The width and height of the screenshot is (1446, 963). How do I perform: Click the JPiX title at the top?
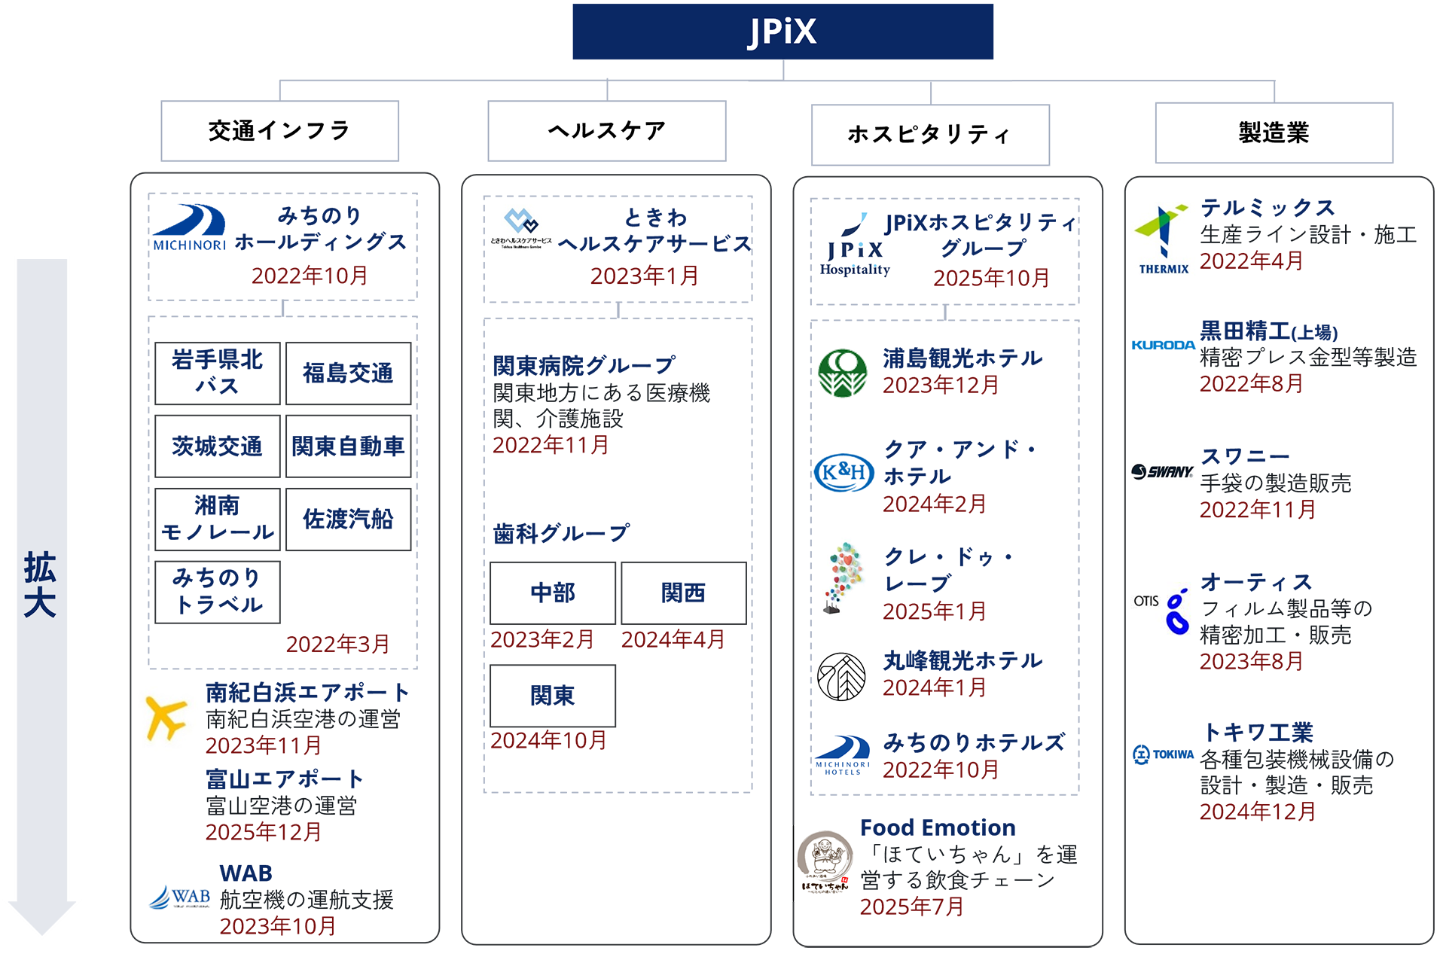coord(782,32)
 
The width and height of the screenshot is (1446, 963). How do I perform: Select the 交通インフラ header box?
coord(279,130)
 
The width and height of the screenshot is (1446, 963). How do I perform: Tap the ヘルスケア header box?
coord(606,130)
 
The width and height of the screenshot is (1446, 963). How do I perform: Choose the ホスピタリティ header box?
coord(929,134)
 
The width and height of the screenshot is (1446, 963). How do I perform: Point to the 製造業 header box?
coord(1274,133)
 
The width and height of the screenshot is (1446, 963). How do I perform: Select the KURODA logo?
coord(1163,345)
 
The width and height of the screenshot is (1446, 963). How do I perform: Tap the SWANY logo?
coord(1162,472)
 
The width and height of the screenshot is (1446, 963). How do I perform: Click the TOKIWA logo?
coord(1164,754)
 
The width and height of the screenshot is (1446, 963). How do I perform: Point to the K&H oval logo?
coord(844,473)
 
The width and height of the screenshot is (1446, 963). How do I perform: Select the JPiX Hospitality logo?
coord(855,248)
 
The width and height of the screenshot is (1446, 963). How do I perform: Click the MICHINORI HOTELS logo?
coord(843,754)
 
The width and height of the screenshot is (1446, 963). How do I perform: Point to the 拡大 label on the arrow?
coord(40,584)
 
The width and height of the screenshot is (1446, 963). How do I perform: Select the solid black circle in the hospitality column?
coord(843,675)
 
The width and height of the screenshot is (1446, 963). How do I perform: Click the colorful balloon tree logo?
coord(843,576)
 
